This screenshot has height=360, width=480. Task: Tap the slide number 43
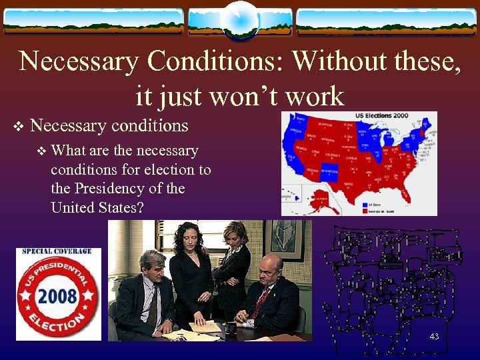(434, 337)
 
